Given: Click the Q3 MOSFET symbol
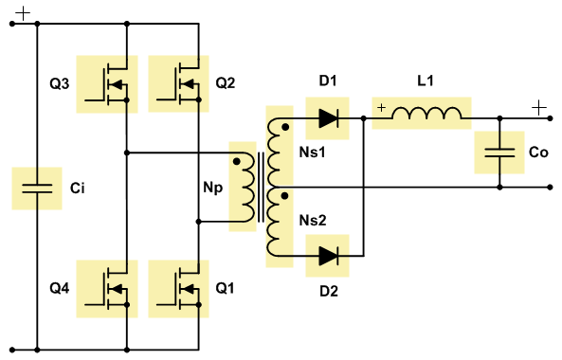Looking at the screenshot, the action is point(107,83).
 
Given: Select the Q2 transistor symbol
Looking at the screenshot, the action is point(178,83).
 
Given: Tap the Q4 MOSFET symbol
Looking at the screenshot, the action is point(107,289).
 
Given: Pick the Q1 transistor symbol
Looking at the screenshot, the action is point(178,289).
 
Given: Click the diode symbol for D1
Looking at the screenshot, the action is point(328,118).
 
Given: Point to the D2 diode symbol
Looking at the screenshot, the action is point(328,256).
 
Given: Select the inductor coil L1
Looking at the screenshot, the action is point(426,113).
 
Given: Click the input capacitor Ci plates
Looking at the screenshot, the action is point(37,189).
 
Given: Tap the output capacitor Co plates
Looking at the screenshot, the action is point(499,153).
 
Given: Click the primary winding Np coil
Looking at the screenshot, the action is point(248,188).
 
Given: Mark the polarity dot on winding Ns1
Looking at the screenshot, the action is point(285,127).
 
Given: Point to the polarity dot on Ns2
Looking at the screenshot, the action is point(285,196).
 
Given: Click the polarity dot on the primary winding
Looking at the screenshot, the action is point(237,162).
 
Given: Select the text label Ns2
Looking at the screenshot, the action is point(313,221).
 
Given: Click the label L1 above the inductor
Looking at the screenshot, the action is point(426,81).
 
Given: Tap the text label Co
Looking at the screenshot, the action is point(538,153).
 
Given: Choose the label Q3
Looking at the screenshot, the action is point(60,83).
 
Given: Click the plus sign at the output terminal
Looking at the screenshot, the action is point(539,108).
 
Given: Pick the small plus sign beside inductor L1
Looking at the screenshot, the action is point(382,107).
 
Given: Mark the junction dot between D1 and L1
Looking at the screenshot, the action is point(364,118).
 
